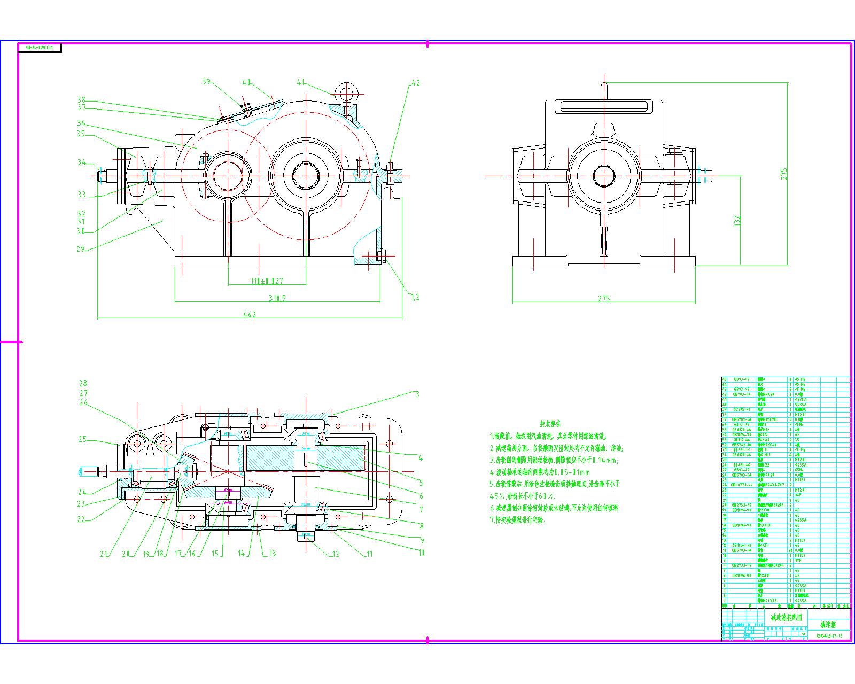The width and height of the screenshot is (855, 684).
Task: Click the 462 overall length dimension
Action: click(250, 314)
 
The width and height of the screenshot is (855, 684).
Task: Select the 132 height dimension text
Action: click(737, 221)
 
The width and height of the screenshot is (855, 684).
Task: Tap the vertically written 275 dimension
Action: click(784, 174)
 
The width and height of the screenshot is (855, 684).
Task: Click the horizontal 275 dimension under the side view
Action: click(604, 298)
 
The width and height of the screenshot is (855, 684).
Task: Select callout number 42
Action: click(415, 83)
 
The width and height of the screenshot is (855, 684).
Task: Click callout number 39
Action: click(207, 82)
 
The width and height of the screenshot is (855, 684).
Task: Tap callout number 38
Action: click(81, 100)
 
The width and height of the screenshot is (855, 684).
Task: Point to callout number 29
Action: click(81, 249)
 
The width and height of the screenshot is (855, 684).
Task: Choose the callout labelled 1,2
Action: click(415, 297)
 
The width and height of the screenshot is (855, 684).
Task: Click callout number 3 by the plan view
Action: click(417, 394)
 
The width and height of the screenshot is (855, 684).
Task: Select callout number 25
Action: click(82, 439)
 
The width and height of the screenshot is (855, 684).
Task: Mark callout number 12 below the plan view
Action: click(336, 554)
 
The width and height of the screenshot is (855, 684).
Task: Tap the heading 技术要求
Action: click(549, 424)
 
